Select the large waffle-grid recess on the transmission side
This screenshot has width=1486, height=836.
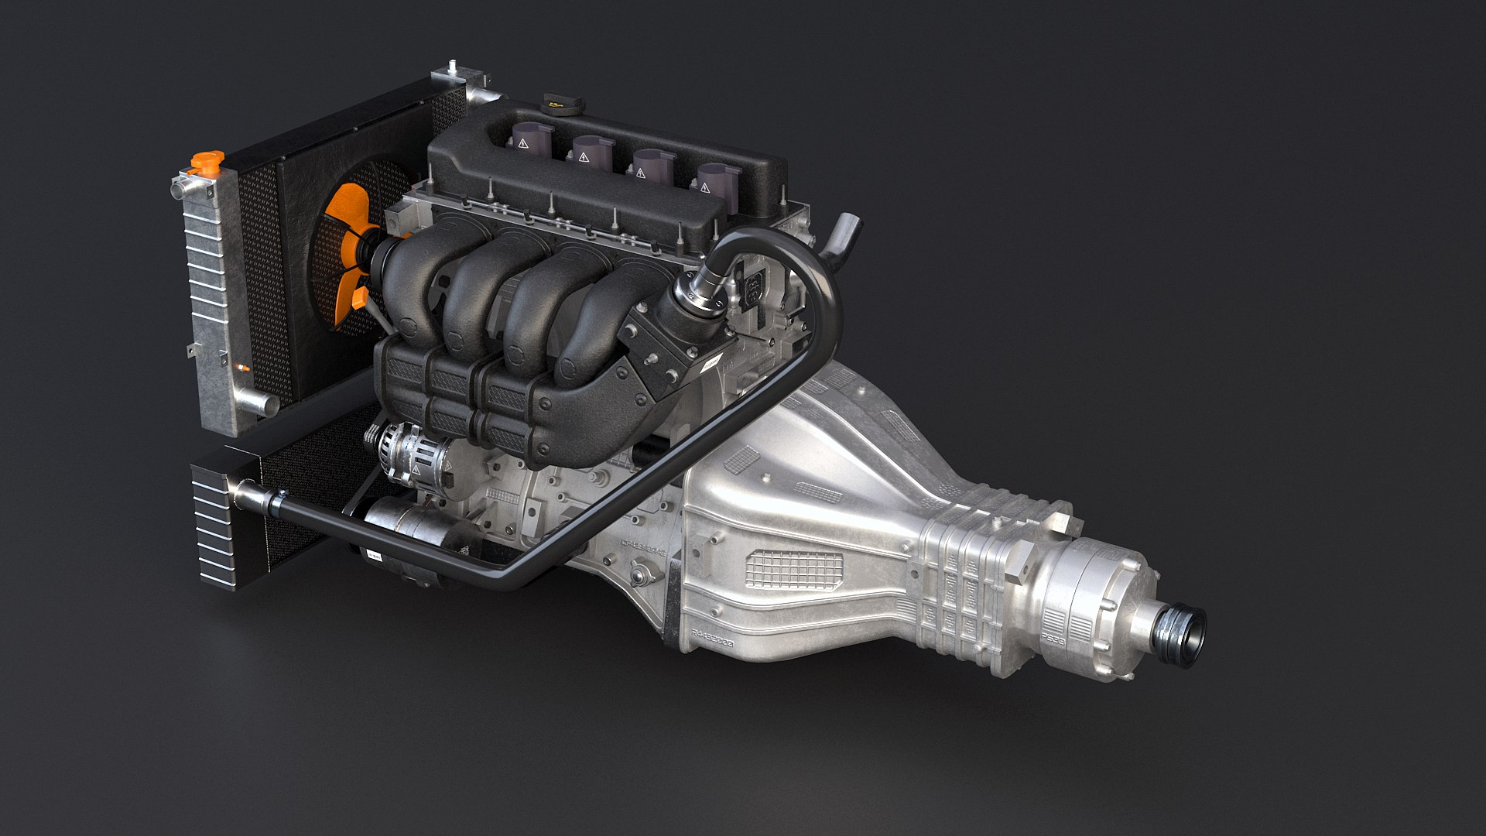(793, 570)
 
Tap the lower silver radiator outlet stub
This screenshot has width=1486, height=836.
(259, 402)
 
